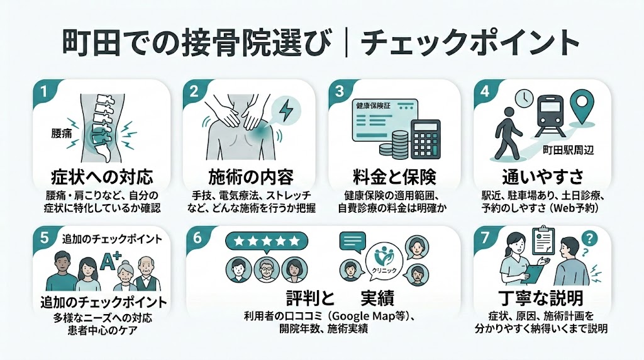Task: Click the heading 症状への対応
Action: click(x=101, y=176)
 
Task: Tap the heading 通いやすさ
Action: click(x=541, y=176)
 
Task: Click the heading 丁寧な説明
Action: click(x=542, y=298)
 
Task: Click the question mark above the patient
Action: click(x=589, y=240)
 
